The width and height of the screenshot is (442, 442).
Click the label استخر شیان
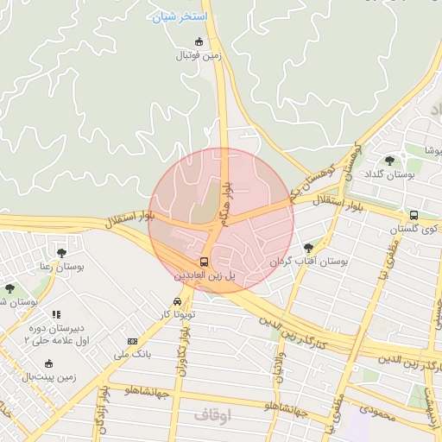(179, 16)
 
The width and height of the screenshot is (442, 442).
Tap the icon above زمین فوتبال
(199, 41)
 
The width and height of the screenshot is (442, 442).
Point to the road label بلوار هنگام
(226, 203)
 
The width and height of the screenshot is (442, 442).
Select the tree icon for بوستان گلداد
(389, 160)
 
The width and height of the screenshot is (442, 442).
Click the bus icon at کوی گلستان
(414, 215)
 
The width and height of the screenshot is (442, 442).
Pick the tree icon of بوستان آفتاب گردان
(308, 248)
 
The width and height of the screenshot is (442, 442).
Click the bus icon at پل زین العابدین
(205, 262)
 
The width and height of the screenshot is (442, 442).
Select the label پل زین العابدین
(205, 275)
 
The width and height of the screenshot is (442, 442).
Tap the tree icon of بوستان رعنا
(61, 253)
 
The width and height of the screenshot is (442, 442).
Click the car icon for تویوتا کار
(177, 301)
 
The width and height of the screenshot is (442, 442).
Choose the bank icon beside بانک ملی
(132, 342)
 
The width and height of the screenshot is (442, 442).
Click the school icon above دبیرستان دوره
(56, 315)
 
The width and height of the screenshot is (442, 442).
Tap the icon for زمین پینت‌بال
(49, 363)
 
